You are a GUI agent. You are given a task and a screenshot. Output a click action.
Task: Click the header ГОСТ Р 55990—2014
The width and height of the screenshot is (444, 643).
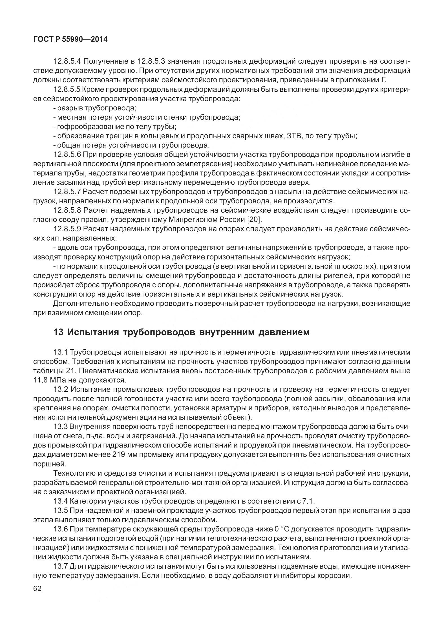pos(70,39)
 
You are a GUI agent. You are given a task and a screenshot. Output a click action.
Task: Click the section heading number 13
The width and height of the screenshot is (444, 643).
pos(58,332)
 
